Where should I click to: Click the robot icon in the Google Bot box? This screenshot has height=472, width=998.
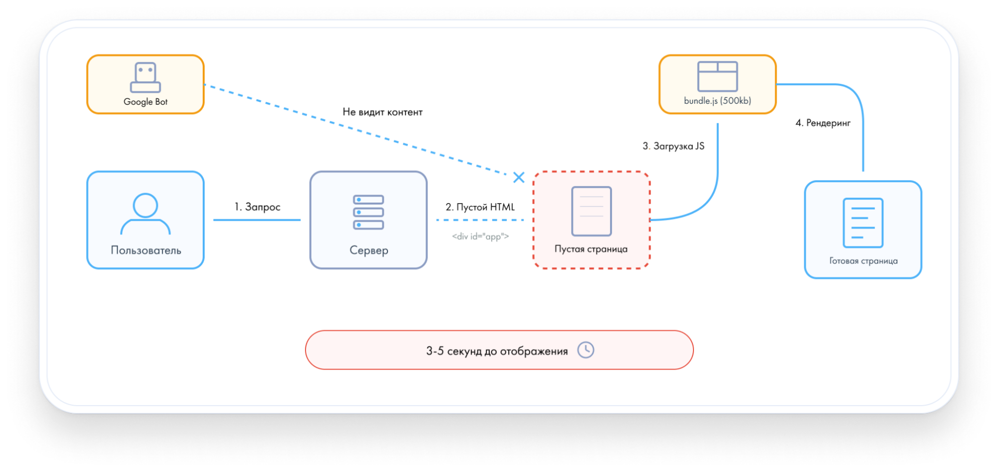click(x=145, y=77)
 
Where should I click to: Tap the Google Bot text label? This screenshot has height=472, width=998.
click(x=145, y=102)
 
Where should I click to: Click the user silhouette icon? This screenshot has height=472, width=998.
click(x=145, y=214)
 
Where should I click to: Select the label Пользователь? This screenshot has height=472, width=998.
click(x=146, y=250)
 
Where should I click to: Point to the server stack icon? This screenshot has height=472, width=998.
click(x=368, y=212)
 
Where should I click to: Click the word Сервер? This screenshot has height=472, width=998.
click(x=368, y=250)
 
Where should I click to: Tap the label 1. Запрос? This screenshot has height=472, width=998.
click(x=258, y=207)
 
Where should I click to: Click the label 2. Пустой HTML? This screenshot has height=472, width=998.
click(x=480, y=207)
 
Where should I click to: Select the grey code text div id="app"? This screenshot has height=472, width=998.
click(x=480, y=236)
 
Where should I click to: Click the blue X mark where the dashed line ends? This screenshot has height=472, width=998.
click(x=519, y=177)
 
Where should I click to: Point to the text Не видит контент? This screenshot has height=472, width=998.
click(x=382, y=112)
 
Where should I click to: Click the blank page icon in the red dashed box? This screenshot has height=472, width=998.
click(x=591, y=211)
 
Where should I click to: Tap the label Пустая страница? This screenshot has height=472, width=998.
click(x=591, y=249)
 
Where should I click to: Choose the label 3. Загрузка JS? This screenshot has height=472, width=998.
click(x=673, y=146)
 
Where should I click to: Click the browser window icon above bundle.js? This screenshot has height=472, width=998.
click(x=717, y=76)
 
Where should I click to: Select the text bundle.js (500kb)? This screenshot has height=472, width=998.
click(x=717, y=101)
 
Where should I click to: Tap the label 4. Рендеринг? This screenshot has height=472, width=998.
click(x=823, y=123)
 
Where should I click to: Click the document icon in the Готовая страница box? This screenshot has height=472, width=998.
click(x=863, y=223)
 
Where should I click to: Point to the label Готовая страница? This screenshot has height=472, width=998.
click(x=863, y=261)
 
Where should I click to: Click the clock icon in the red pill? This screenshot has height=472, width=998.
click(x=586, y=350)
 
